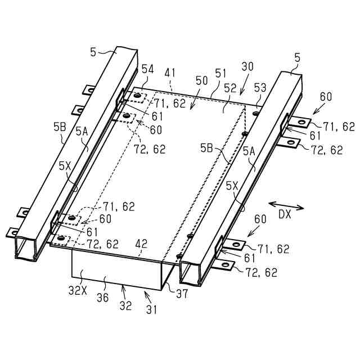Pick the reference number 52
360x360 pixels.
click(x=229, y=88)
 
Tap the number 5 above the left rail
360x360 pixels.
click(x=93, y=53)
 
